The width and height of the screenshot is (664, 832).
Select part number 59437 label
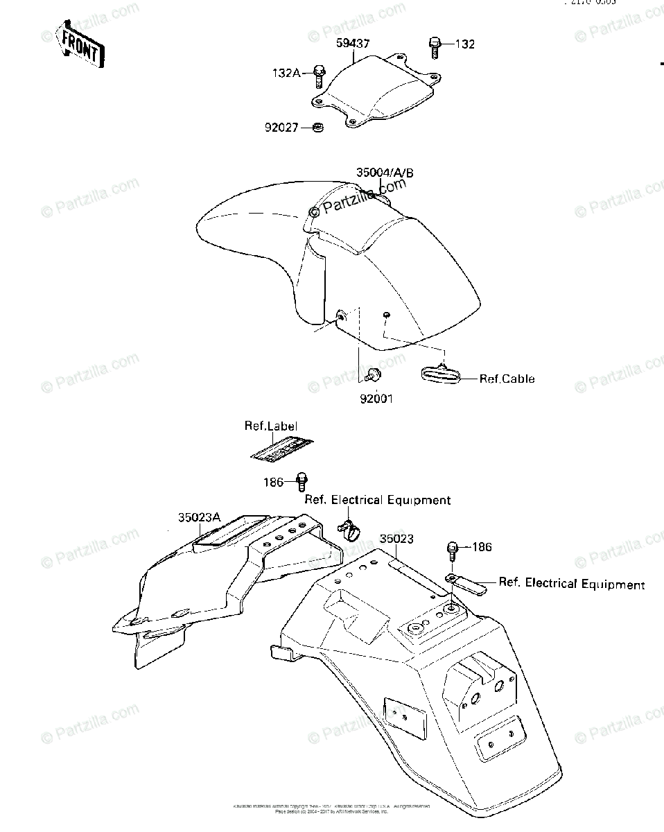pyautogui.click(x=353, y=44)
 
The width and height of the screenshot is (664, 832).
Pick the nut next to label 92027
pyautogui.click(x=319, y=128)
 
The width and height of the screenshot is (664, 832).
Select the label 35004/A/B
pyautogui.click(x=385, y=173)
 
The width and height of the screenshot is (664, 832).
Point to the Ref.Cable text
pyautogui.click(x=507, y=379)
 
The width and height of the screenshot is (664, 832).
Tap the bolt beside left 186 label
pyautogui.click(x=302, y=480)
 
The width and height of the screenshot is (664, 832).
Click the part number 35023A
pyautogui.click(x=199, y=517)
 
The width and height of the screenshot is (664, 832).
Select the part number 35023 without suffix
pyautogui.click(x=396, y=539)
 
